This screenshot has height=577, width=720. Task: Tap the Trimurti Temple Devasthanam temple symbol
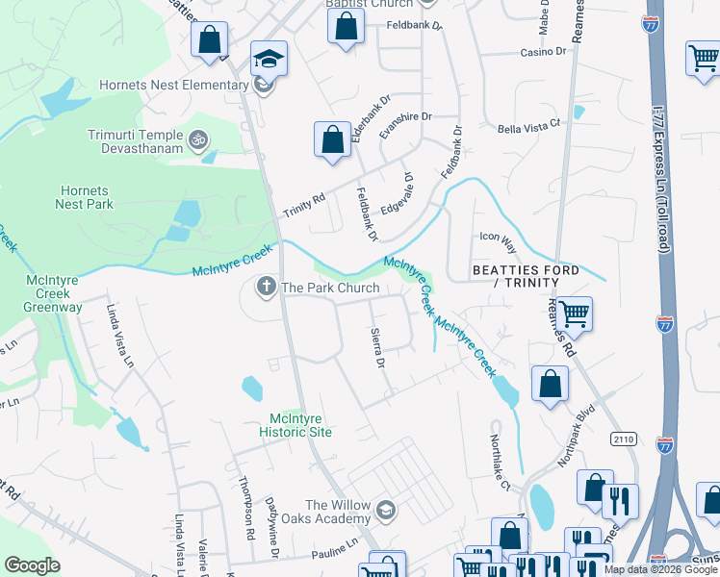199,141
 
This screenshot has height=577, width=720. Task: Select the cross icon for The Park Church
265,287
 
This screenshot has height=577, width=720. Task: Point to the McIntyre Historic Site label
300,424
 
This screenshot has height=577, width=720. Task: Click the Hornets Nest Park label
86,197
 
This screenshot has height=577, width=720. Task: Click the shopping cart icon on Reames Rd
574,313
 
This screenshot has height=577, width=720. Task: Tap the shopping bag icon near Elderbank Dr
332,138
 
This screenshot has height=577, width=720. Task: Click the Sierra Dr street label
377,348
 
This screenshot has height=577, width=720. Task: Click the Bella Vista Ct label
528,129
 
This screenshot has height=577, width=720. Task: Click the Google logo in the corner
33,565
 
